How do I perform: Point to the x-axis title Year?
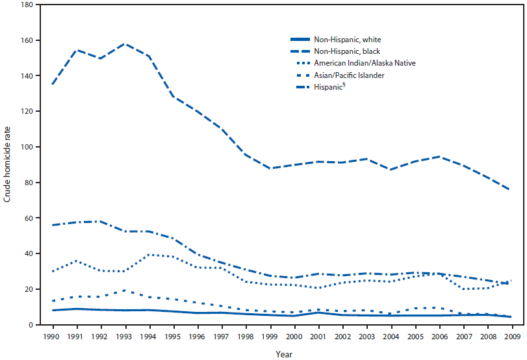pyautogui.click(x=283, y=355)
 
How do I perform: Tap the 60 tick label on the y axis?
pyautogui.click(x=28, y=218)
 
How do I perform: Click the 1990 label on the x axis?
pyautogui.click(x=53, y=337)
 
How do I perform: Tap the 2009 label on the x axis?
pyautogui.click(x=512, y=337)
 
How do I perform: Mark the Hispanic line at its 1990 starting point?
pyautogui.click(x=53, y=225)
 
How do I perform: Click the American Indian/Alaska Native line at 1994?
pyautogui.click(x=149, y=255)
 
